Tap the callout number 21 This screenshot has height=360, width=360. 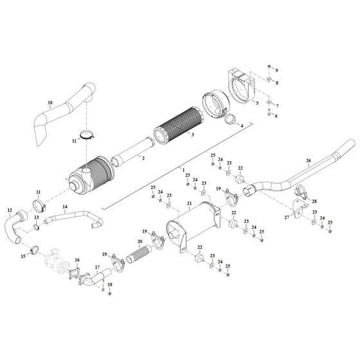pos(190,204)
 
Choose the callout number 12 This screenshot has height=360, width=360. pos(9,210)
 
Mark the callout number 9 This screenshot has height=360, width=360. pos(277,69)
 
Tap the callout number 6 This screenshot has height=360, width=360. pos(276,116)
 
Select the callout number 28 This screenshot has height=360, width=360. pos(314,202)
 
